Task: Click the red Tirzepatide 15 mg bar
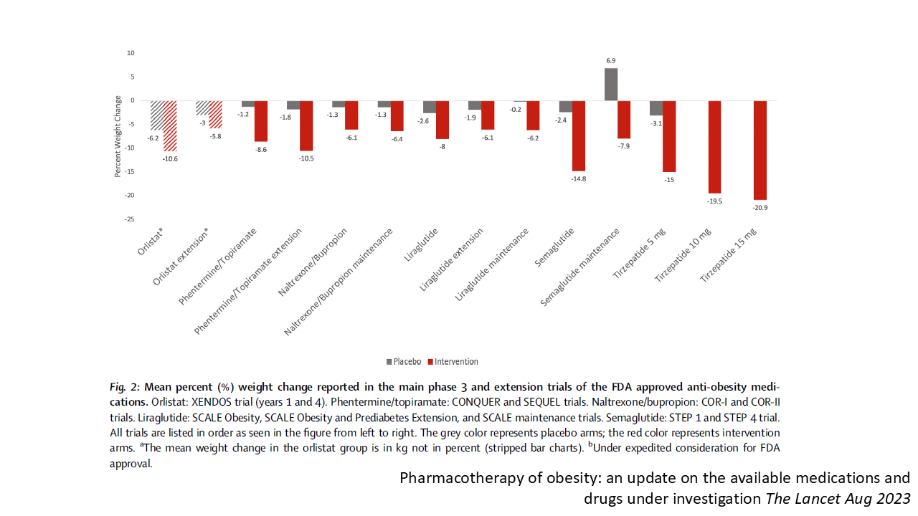tap(760, 150)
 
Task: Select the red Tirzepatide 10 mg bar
tap(714, 147)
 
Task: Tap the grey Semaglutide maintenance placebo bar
tap(611, 84)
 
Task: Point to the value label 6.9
tap(611, 62)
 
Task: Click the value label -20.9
tap(760, 207)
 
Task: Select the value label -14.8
tap(578, 178)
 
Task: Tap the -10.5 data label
tap(306, 158)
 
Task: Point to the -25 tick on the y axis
tap(130, 219)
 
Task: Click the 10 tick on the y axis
tap(131, 53)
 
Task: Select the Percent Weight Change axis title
tap(118, 136)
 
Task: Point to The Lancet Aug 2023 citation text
tap(832, 498)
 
